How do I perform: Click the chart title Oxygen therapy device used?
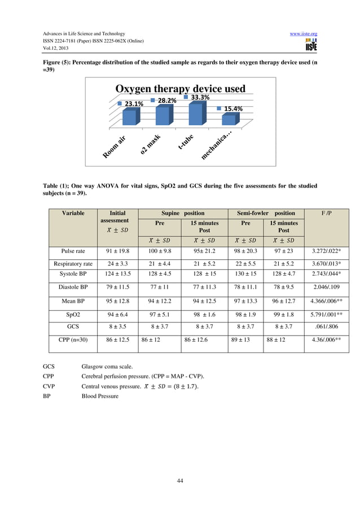click(x=180, y=89)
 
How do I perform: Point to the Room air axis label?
click(x=114, y=147)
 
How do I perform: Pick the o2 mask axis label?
click(x=151, y=144)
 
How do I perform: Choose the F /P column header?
click(x=326, y=213)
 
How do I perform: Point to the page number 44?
click(x=179, y=481)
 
